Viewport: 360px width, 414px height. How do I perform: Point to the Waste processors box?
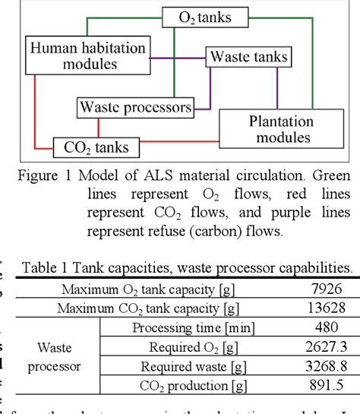pos(136,107)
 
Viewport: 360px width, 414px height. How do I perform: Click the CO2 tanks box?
pos(90,147)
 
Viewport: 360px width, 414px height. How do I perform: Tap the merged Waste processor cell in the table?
pos(58,356)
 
